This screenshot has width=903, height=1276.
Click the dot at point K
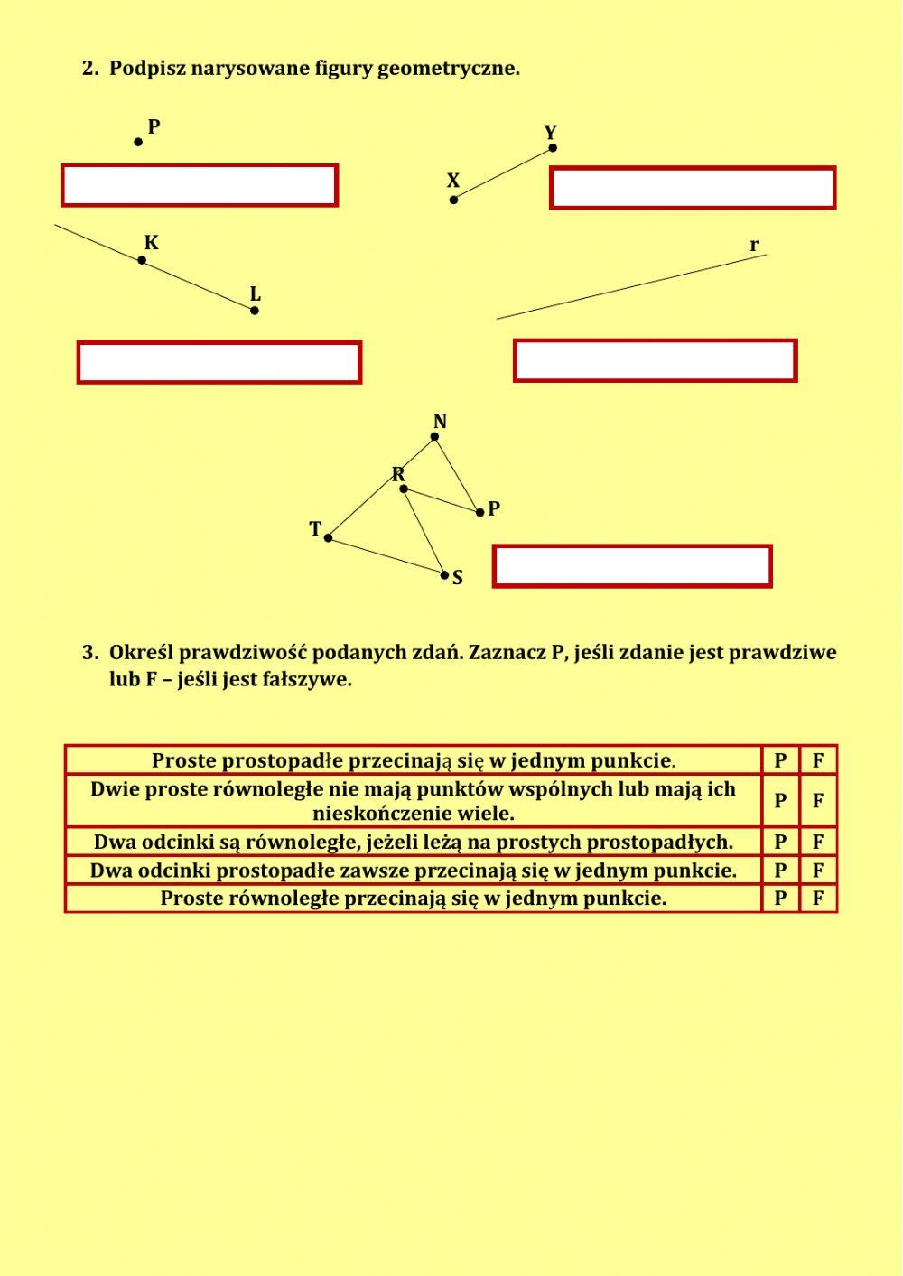click(x=142, y=260)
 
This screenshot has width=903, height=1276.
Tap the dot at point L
click(x=255, y=311)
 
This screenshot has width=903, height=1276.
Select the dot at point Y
click(x=553, y=148)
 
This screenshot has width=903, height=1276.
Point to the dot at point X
click(x=453, y=200)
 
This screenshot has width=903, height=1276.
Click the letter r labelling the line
click(x=754, y=245)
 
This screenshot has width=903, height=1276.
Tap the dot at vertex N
click(x=434, y=437)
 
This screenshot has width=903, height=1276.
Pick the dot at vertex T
click(x=328, y=538)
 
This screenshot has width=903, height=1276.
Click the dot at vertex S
click(x=444, y=574)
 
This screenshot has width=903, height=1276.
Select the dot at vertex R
click(x=404, y=489)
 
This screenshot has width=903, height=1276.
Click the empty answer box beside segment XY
click(x=693, y=188)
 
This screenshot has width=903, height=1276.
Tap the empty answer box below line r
click(x=655, y=361)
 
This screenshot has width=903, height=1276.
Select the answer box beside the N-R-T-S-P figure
click(x=632, y=566)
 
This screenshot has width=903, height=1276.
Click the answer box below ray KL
click(x=219, y=363)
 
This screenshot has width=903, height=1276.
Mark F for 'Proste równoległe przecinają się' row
click(x=818, y=899)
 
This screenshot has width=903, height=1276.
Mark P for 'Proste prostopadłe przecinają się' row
click(x=780, y=760)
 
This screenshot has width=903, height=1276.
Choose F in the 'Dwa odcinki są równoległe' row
click(x=818, y=843)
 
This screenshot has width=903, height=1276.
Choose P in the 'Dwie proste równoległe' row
click(x=780, y=801)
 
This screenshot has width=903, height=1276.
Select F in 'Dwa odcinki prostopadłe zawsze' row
click(x=818, y=871)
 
